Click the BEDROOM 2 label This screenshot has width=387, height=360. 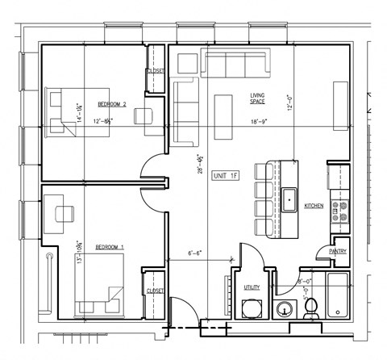click(x=113, y=104)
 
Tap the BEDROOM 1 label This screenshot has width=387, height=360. click(x=110, y=247)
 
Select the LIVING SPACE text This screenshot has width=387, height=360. click(x=257, y=99)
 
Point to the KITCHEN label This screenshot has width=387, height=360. click(x=314, y=207)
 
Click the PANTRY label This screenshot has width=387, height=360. click(x=338, y=251)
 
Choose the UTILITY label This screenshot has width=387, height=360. click(x=252, y=287)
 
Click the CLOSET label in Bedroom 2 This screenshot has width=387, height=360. click(x=156, y=72)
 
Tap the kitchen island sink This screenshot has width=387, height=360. click(x=289, y=197)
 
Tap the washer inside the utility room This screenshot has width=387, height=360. click(x=252, y=310)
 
